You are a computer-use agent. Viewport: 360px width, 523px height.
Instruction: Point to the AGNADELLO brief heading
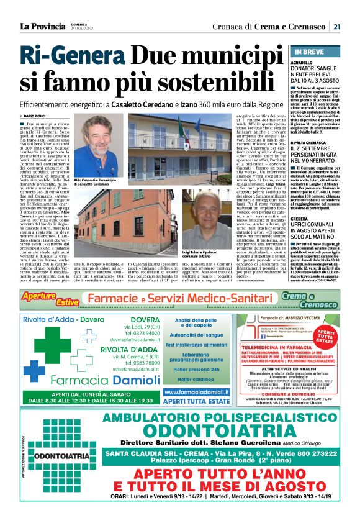[302, 63]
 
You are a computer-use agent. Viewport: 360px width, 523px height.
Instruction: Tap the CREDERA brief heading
[299, 219]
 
